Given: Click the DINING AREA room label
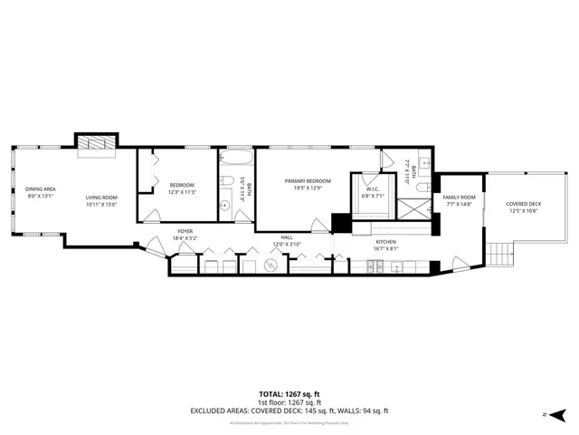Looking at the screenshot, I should tap(41, 188).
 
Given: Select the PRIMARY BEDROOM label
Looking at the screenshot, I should tap(308, 181).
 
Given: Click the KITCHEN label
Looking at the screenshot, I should tap(387, 242).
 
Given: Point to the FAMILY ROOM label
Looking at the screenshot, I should tap(459, 198).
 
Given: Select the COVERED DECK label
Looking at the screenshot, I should tap(523, 204).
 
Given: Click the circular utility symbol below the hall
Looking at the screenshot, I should tap(271, 266).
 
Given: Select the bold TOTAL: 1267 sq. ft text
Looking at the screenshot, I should tap(289, 394).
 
